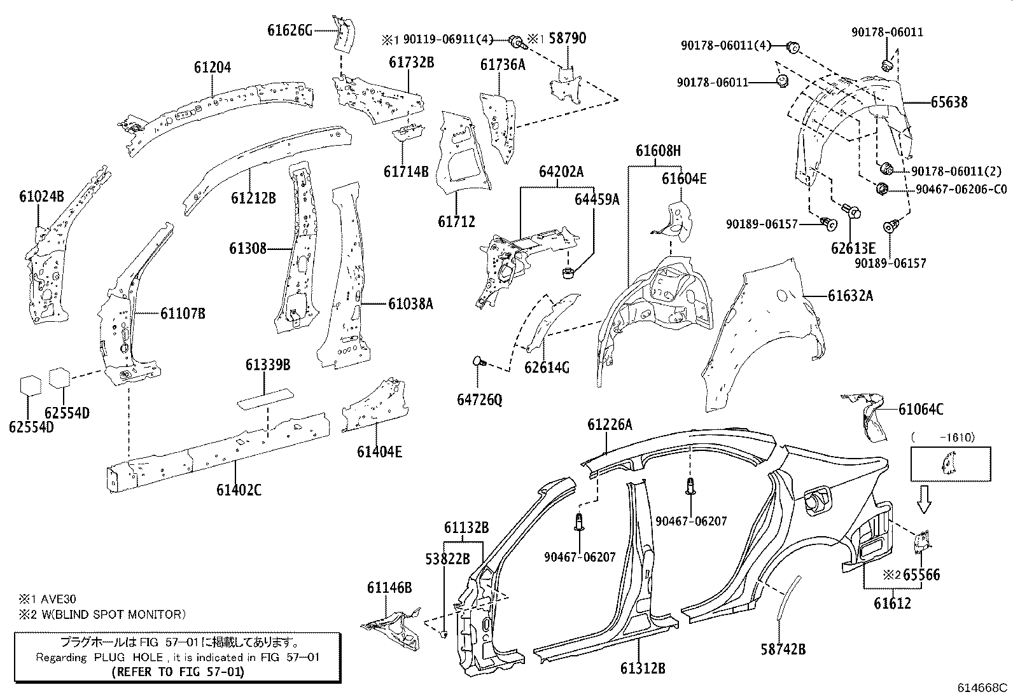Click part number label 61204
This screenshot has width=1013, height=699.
tap(212, 67)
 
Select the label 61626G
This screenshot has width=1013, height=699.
tap(290, 31)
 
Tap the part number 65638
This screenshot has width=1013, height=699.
tap(949, 102)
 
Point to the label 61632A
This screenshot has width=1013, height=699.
tap(850, 296)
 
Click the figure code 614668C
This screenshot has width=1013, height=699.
tap(982, 688)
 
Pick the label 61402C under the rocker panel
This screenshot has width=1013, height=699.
tap(239, 490)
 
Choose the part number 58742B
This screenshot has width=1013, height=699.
tap(783, 649)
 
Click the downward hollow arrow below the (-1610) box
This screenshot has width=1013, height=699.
tap(924, 499)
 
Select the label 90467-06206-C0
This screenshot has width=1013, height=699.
tap(961, 189)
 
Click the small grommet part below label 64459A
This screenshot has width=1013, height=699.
tap(568, 273)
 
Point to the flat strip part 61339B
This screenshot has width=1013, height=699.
tap(265, 399)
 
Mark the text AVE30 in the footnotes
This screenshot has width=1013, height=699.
tap(59, 599)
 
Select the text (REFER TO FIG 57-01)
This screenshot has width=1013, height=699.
tap(178, 672)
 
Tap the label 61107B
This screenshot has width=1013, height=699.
tap(183, 314)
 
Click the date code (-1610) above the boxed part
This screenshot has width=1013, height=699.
tap(944, 437)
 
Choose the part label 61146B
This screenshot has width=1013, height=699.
tap(389, 588)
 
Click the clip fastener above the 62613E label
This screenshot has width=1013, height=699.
tap(851, 211)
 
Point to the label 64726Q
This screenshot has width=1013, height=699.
tap(479, 399)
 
